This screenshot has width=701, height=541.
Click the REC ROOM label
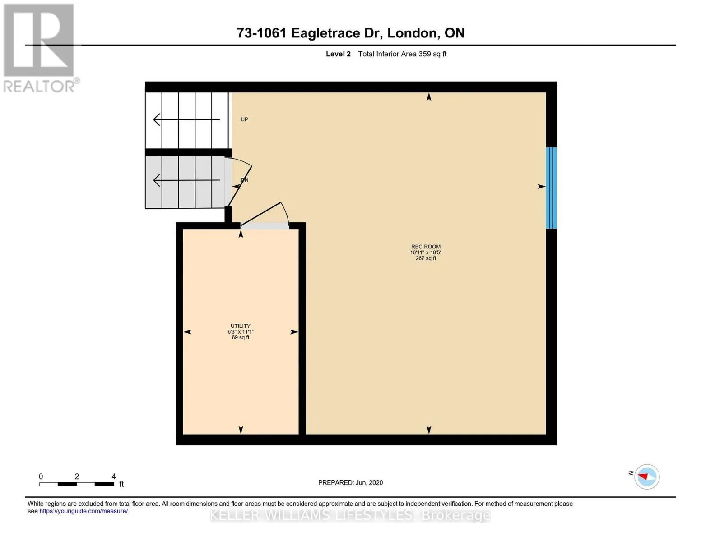(x=426, y=247)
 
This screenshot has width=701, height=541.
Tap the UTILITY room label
(x=240, y=326)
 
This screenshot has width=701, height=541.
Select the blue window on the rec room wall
(x=551, y=188)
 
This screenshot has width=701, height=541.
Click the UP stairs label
(x=245, y=119)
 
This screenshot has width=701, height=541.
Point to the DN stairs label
(x=245, y=180)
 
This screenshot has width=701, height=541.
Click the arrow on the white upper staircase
(x=186, y=119)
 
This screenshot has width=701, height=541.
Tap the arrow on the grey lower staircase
(x=186, y=180)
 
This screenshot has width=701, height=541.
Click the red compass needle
(x=643, y=476)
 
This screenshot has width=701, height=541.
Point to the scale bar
(x=77, y=484)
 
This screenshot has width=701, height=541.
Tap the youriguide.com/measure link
(x=84, y=511)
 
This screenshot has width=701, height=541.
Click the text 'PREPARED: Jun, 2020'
(x=350, y=483)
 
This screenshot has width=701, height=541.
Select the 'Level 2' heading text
(x=338, y=54)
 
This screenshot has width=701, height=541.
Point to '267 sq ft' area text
(x=426, y=258)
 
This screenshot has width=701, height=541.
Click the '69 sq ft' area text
(x=241, y=337)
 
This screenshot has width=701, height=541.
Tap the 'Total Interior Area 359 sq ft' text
(x=402, y=54)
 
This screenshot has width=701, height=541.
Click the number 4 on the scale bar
(x=114, y=476)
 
